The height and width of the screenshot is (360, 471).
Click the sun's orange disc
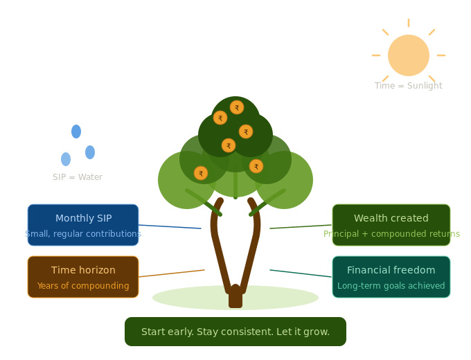[x=409, y=55]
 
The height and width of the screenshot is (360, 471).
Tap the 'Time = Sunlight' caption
[x=409, y=86]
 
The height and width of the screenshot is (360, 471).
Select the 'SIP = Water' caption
[x=78, y=177]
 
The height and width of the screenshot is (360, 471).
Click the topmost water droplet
[x=76, y=132]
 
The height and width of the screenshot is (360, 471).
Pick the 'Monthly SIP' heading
[x=83, y=219]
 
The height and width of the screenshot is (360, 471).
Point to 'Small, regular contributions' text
[x=83, y=234]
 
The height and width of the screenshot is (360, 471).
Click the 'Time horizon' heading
[x=83, y=271]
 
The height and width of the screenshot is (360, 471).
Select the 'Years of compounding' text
[x=83, y=286]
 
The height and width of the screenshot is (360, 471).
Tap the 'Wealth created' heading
[x=391, y=219]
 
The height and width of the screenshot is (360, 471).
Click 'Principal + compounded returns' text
[x=391, y=234]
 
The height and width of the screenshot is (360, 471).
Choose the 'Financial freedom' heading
[x=391, y=271]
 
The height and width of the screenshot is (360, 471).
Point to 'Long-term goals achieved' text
[x=391, y=286]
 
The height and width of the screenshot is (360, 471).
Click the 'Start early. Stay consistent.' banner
[x=235, y=332]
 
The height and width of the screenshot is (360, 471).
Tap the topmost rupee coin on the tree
[x=237, y=108]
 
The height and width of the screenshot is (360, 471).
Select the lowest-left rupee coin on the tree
[x=201, y=173]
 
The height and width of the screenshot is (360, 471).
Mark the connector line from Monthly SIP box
[x=170, y=226]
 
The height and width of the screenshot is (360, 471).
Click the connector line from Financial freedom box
[x=301, y=273]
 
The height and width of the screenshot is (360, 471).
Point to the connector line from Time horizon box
[x=172, y=273]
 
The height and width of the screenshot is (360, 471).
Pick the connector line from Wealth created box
[x=301, y=226]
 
